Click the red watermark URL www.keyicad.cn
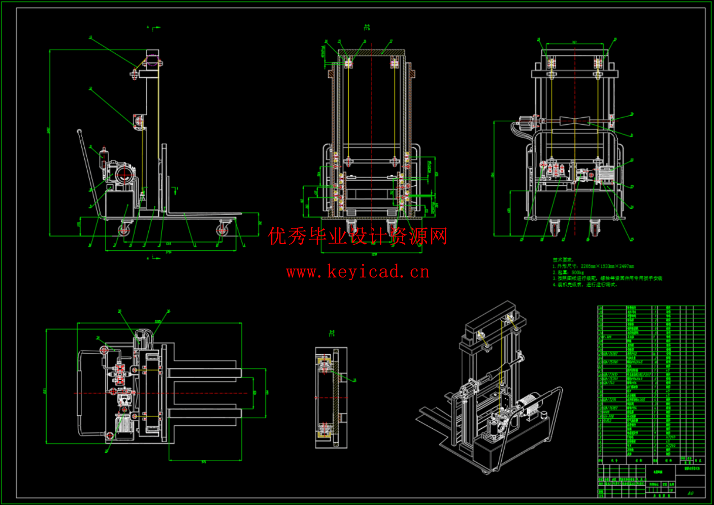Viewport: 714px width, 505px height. [x=358, y=272]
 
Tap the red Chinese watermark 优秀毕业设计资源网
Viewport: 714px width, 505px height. [x=358, y=236]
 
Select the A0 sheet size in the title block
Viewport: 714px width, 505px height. [x=690, y=493]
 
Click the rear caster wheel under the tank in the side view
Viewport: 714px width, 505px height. [x=123, y=230]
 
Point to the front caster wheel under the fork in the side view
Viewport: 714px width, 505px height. [x=222, y=229]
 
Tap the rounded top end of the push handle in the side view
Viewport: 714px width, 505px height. [x=79, y=132]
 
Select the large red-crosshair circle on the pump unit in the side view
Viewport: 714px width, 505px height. [x=123, y=176]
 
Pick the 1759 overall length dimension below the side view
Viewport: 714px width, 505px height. [x=169, y=252]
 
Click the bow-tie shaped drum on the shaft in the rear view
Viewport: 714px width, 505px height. [x=574, y=121]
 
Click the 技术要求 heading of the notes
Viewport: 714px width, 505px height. [x=563, y=260]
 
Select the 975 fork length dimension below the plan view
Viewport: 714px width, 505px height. [x=204, y=462]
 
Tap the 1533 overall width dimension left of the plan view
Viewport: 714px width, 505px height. [x=45, y=391]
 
